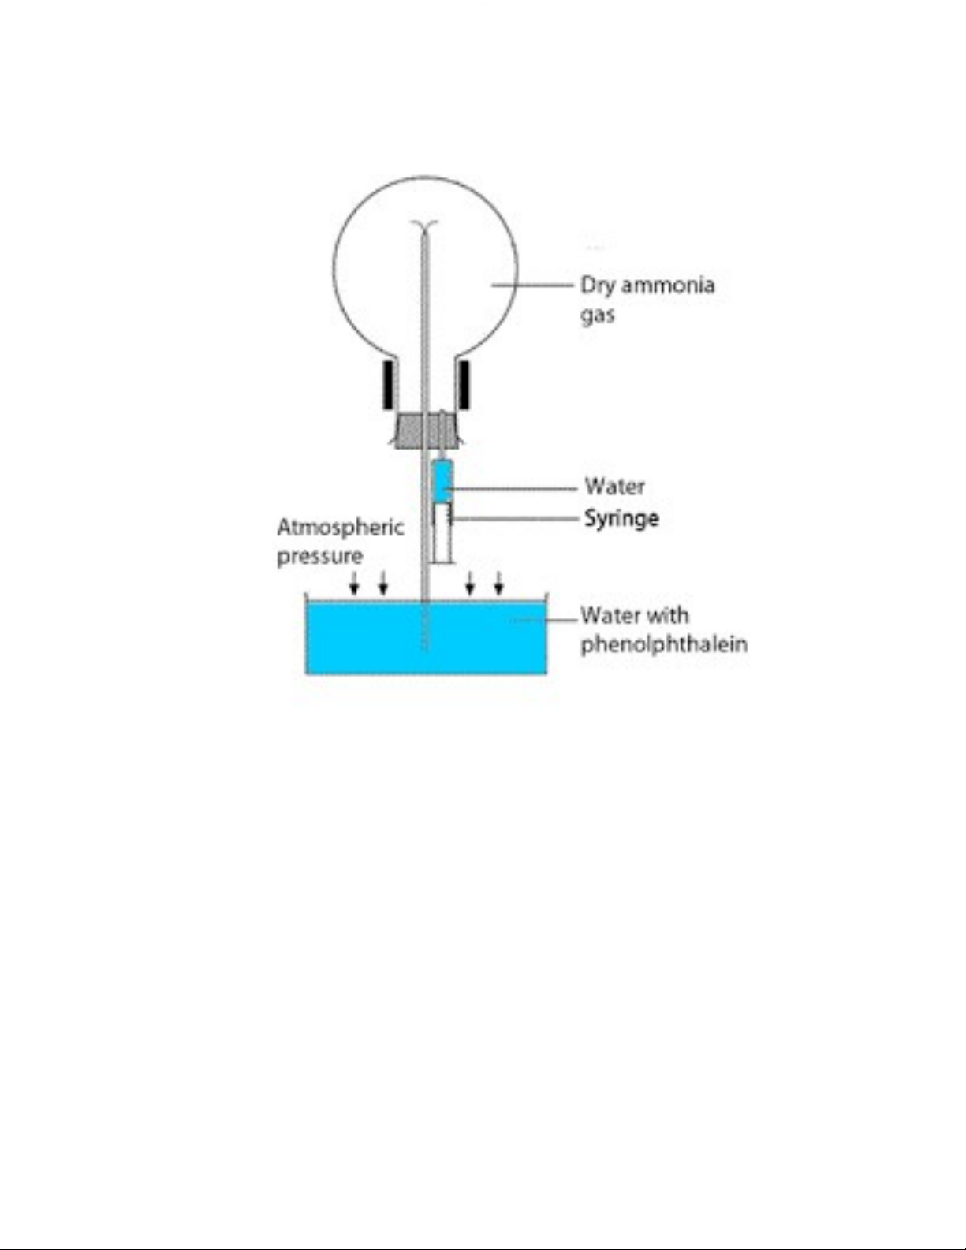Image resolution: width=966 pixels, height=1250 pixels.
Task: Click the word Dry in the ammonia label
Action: (598, 285)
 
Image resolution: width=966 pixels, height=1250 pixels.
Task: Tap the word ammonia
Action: (668, 285)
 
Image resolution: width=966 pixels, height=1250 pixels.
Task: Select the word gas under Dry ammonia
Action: (598, 315)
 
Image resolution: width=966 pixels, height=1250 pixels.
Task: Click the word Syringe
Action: (621, 518)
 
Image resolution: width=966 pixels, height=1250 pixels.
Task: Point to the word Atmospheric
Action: (340, 526)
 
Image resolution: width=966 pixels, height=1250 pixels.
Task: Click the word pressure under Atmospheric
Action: (319, 556)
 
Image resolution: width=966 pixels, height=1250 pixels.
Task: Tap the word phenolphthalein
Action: (664, 644)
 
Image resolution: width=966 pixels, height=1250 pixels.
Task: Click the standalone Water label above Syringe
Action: (614, 486)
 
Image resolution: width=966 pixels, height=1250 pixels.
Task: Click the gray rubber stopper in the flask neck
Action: (426, 431)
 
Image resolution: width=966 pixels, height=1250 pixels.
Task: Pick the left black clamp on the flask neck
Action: (389, 385)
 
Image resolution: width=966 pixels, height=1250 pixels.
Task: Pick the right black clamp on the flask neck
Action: (464, 385)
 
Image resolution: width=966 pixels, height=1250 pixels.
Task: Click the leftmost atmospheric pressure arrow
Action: (355, 584)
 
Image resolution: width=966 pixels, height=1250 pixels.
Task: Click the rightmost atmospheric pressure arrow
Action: (498, 584)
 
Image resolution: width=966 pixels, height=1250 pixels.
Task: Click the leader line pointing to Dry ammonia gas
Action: (532, 285)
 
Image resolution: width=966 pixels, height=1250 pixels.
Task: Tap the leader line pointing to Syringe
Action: (513, 518)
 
